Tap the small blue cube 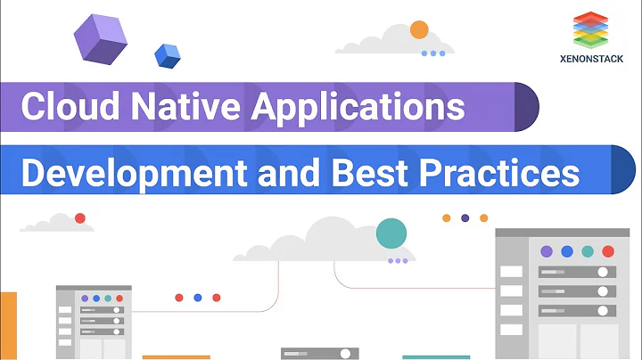[167, 55]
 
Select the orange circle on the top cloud [419, 29]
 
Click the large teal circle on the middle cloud [391, 233]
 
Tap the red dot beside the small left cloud [80, 218]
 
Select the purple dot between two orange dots [465, 217]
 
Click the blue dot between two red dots [197, 298]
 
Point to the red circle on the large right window [608, 251]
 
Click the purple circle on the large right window [546, 251]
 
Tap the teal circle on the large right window [587, 251]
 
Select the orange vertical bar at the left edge [8, 325]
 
